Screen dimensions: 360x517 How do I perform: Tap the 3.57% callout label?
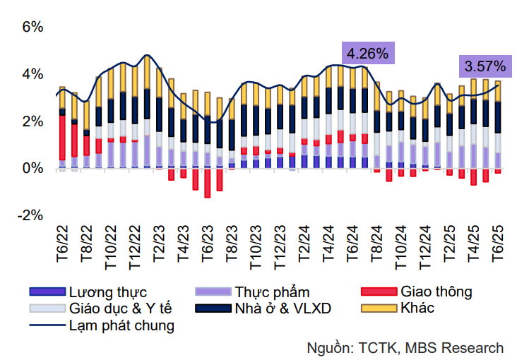click(485, 67)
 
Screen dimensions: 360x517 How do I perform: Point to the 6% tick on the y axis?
click(34, 28)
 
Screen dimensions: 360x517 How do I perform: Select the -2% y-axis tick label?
click(32, 215)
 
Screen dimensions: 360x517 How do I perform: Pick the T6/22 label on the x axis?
click(62, 244)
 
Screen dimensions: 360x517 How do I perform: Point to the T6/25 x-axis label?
click(498, 244)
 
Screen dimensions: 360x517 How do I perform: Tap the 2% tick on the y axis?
click(34, 121)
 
